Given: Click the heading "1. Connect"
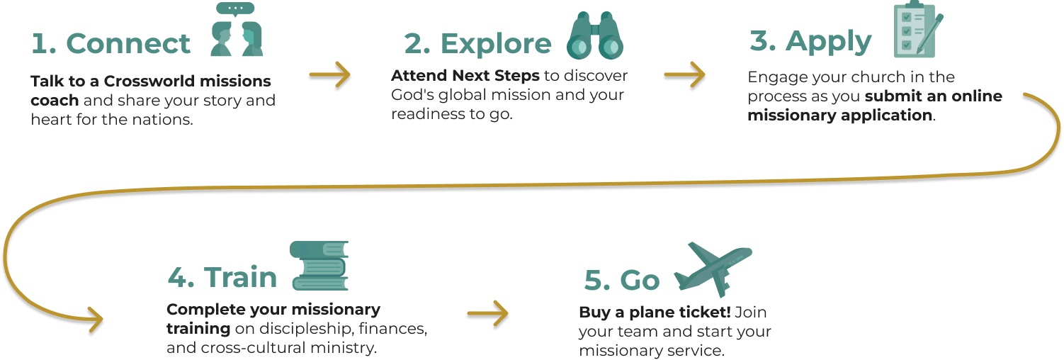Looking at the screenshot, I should (x=111, y=44).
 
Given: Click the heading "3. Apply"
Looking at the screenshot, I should (x=810, y=43).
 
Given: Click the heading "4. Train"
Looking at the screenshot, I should (x=222, y=277).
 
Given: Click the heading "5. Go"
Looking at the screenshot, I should (x=621, y=281).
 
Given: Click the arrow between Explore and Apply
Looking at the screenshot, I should (x=684, y=73).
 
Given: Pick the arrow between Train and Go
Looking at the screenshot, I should (x=488, y=313).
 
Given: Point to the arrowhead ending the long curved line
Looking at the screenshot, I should (x=96, y=320).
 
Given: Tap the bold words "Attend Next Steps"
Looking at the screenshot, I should (x=464, y=75).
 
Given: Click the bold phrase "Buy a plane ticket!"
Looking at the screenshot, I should (x=655, y=313).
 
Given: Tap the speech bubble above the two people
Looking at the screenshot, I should (x=236, y=9).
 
